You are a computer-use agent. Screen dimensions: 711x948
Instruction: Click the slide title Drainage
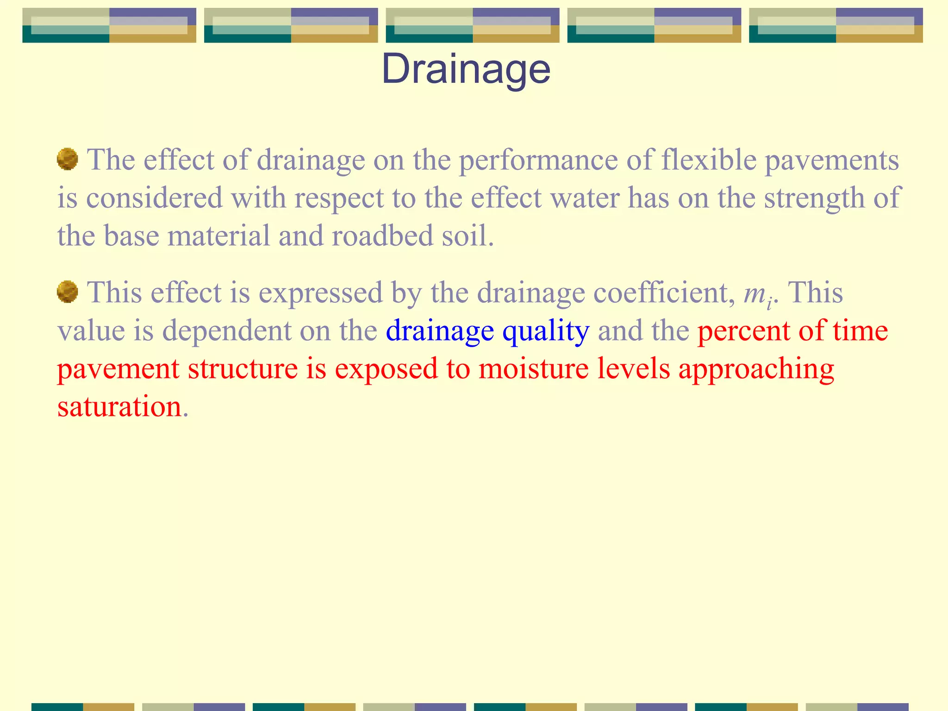coord(466,69)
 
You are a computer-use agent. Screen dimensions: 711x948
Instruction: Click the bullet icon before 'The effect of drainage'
coord(67,159)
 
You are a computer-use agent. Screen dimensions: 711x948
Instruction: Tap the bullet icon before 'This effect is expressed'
coord(67,292)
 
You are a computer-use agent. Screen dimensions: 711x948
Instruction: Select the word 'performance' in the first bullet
coord(538,161)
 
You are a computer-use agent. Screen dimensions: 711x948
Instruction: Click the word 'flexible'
coord(709,160)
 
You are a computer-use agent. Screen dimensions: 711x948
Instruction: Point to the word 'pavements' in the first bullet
coord(831,161)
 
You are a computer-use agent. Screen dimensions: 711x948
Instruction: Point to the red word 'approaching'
coord(756,370)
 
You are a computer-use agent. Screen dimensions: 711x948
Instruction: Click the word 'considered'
coord(154,198)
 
